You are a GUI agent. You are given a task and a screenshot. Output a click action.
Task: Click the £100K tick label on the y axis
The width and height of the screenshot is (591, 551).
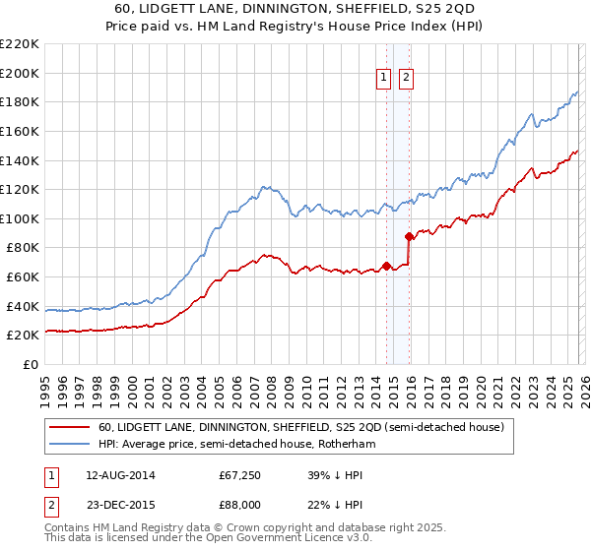coord(20,218)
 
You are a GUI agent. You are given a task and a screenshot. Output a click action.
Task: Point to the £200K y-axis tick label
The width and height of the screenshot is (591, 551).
coord(20,73)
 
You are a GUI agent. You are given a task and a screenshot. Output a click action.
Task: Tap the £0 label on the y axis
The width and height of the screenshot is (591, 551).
coord(30,364)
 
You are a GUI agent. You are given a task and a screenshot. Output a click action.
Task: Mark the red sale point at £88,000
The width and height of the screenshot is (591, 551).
coord(410,236)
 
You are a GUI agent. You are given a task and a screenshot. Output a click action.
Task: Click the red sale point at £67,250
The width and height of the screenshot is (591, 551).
coord(386,266)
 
